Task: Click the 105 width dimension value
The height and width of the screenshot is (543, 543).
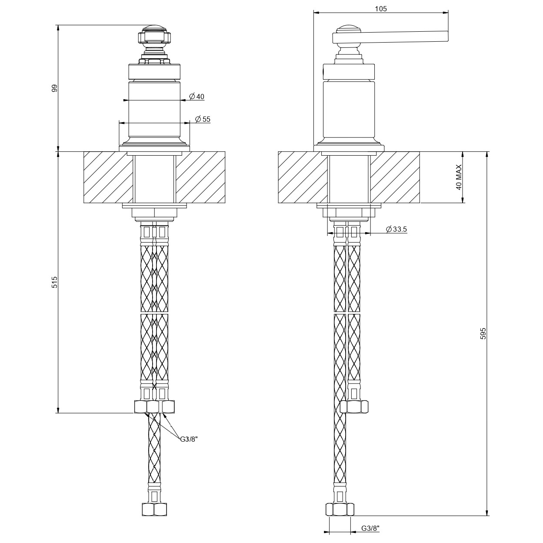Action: click(x=381, y=9)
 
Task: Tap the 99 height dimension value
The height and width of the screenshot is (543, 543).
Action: click(x=54, y=88)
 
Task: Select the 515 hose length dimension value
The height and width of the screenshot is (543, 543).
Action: click(x=55, y=282)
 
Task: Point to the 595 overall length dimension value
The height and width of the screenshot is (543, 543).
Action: click(x=483, y=333)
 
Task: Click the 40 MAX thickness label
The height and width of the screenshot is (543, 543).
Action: click(x=459, y=177)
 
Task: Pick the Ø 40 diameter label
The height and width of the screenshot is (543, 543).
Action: click(x=197, y=97)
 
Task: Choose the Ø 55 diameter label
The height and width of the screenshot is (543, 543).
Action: click(x=203, y=119)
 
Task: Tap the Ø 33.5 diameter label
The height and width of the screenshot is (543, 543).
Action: click(x=396, y=229)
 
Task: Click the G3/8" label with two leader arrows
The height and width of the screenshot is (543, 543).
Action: click(x=189, y=439)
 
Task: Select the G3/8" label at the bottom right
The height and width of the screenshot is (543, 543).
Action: click(x=370, y=528)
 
